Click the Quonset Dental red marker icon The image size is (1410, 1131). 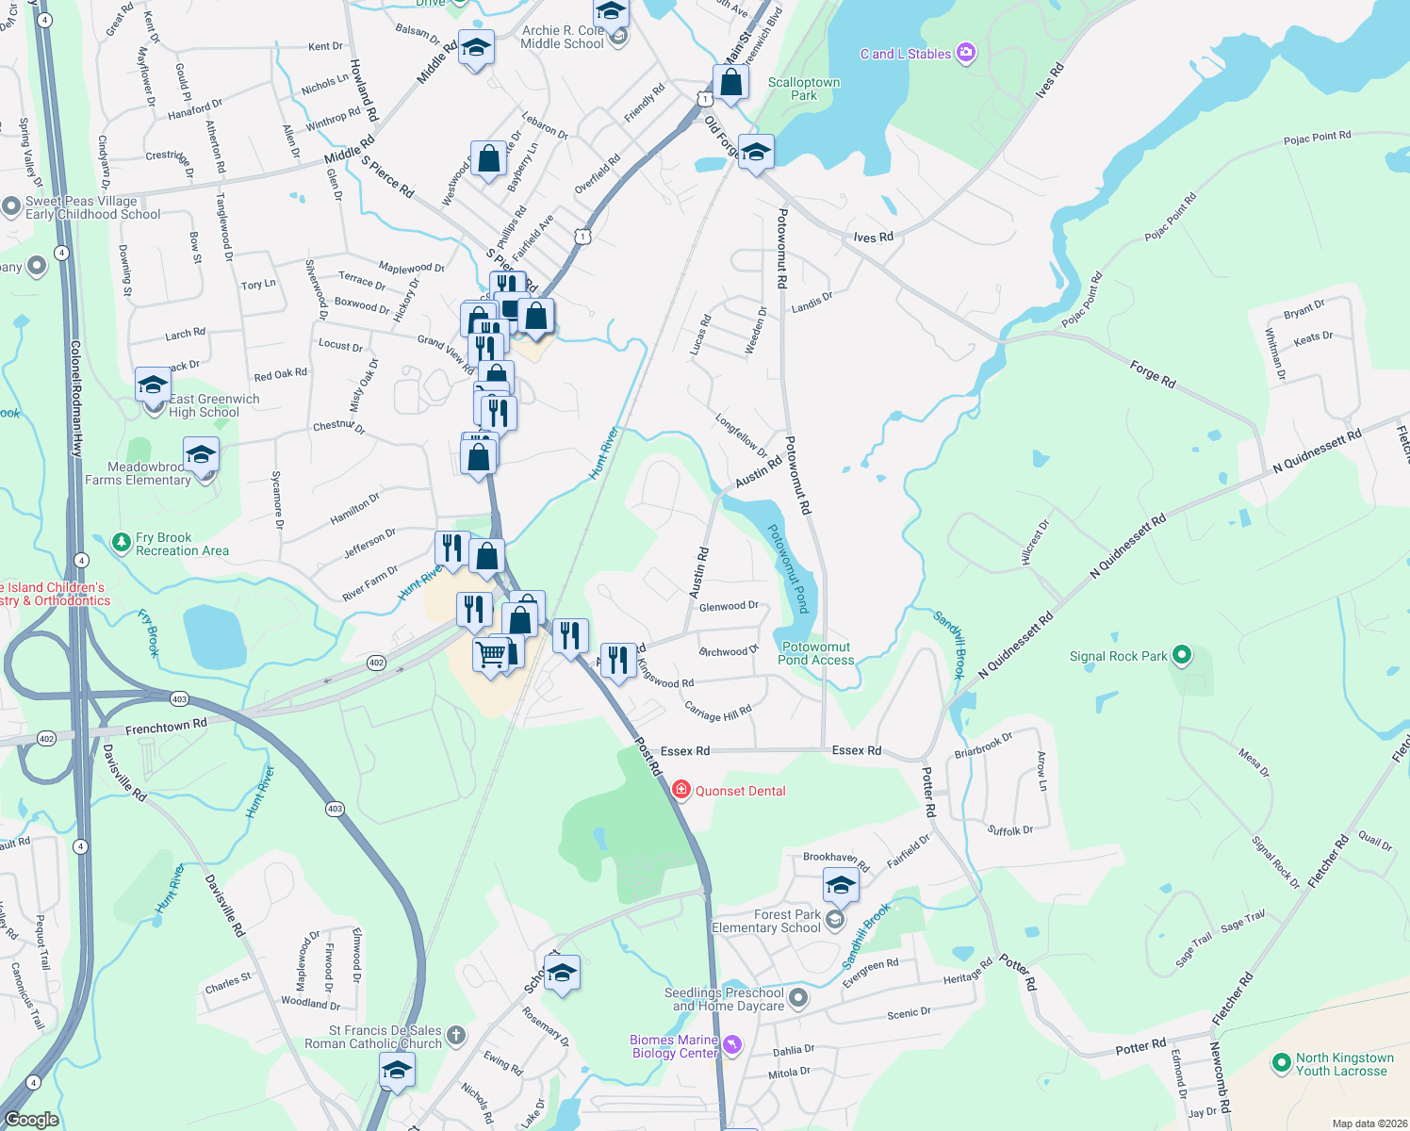(680, 790)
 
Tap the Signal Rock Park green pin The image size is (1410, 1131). (1182, 655)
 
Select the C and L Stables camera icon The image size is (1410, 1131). (966, 53)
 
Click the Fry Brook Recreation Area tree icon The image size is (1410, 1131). (121, 542)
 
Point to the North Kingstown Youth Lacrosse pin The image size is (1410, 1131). (1281, 1063)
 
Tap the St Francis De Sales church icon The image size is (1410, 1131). (456, 1036)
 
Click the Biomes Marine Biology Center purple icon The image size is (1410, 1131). (732, 1044)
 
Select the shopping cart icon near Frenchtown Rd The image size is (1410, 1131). (490, 653)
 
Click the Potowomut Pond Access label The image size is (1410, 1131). (816, 653)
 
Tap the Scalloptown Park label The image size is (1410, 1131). (803, 89)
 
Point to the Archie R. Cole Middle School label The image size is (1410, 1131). (562, 37)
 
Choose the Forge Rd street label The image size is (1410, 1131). (1152, 375)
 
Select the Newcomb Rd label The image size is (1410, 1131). (1220, 1078)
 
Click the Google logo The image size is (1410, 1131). (32, 1120)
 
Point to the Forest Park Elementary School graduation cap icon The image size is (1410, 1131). (840, 886)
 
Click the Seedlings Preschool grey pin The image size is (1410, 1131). (798, 997)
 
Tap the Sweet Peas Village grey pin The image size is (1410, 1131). (11, 206)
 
